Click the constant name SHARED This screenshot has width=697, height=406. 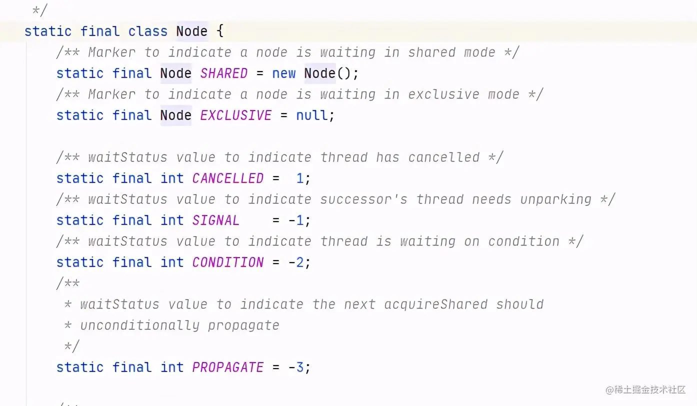pos(223,73)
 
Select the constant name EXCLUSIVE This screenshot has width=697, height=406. pos(235,115)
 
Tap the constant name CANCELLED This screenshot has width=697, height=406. pos(227,178)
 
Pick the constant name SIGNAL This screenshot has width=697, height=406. pos(215,220)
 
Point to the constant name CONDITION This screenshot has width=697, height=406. pos(227,262)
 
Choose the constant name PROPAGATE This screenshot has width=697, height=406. pos(227,367)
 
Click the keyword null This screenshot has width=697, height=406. pos(312,115)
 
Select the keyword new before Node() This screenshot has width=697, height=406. pos(283,73)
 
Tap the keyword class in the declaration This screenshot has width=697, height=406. pos(147,31)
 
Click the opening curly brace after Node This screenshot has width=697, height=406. pos(220,31)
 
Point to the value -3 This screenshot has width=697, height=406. pos(295,367)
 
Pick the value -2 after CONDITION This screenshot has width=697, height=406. pos(295,262)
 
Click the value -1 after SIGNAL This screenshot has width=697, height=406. pos(295,220)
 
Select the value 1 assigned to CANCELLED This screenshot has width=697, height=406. pos(299,178)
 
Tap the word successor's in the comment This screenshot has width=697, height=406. pos(363,199)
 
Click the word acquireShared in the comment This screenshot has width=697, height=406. pos(435,304)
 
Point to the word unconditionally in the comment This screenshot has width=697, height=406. pos(139,325)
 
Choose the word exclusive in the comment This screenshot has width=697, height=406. pos(439,94)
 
